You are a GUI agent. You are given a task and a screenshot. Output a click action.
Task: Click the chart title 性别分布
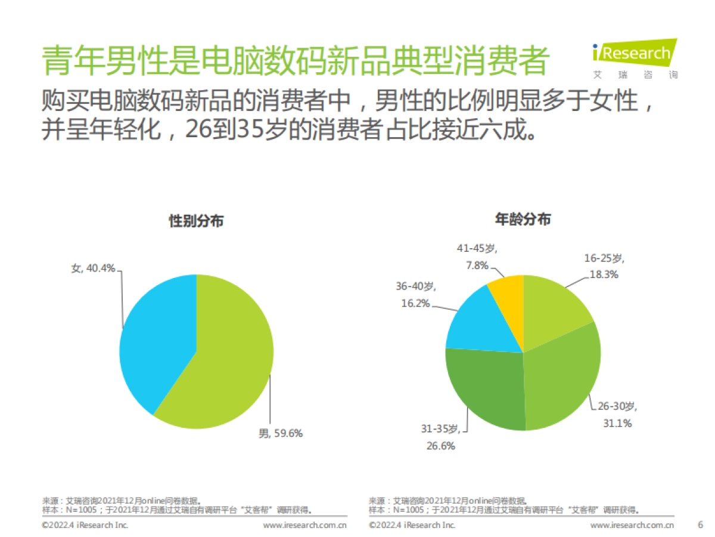click(196, 221)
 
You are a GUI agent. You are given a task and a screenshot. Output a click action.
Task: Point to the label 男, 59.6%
click(280, 434)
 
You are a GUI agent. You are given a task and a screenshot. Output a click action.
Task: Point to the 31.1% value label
click(617, 423)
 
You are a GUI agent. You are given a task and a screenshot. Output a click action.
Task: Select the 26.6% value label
click(440, 445)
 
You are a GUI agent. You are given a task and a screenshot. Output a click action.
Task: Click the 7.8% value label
click(477, 265)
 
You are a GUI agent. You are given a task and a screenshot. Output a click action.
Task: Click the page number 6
click(700, 525)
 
